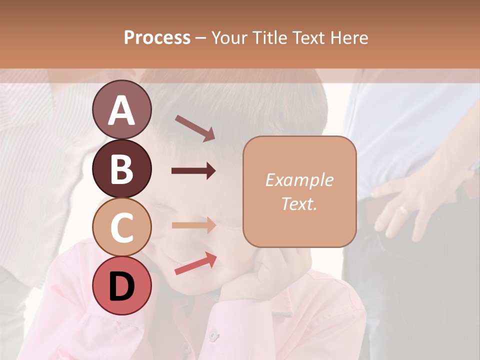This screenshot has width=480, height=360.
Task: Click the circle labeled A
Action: coord(121,110)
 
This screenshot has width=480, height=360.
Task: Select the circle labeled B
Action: coord(121,168)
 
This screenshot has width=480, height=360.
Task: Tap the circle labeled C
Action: coord(121,227)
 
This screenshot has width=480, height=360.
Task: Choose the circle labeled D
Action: coord(121,285)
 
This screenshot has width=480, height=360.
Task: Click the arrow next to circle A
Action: coord(194,128)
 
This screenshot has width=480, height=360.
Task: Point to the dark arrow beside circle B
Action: coord(193,171)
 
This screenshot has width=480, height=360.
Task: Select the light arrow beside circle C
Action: coord(193,225)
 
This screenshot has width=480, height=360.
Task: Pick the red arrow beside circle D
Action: coord(195,263)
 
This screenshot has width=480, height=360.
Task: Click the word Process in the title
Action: coord(157,37)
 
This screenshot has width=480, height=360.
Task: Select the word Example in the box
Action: coord(299,180)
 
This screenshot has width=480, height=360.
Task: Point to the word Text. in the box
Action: coord(299,203)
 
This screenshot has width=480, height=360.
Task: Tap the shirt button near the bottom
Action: coord(214,333)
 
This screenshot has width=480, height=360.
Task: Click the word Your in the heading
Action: coord(227,37)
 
